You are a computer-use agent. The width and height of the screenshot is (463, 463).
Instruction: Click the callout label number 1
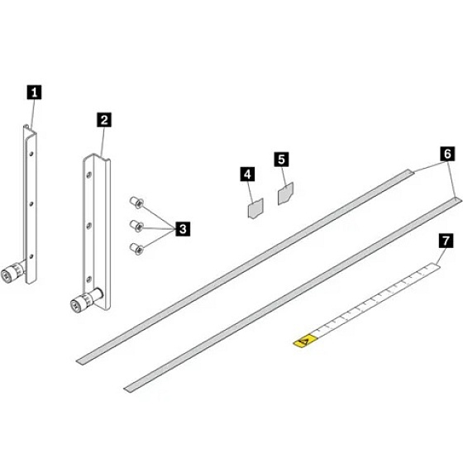tap(34, 93)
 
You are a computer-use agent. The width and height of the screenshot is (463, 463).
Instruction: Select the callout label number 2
tap(104, 120)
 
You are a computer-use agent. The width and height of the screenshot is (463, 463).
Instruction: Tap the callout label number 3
tap(183, 228)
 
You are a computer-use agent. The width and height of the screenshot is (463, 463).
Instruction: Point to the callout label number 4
tap(247, 174)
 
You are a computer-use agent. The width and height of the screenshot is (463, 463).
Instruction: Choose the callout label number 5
tap(281, 160)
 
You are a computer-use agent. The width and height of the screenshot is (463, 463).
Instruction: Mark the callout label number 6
tap(447, 154)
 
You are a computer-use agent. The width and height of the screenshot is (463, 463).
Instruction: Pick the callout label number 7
tap(446, 241)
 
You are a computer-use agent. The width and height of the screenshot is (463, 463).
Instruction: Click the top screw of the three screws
tap(136, 203)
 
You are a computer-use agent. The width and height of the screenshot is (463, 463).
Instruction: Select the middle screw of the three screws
tap(136, 226)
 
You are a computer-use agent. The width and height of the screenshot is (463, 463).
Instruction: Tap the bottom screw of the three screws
tap(136, 249)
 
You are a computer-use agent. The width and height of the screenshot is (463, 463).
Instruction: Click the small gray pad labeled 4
tap(255, 208)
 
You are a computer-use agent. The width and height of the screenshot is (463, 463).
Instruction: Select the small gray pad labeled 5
tap(285, 193)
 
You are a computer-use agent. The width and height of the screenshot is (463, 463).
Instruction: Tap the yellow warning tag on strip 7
tap(305, 341)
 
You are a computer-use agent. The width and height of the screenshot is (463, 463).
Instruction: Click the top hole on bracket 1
tap(31, 154)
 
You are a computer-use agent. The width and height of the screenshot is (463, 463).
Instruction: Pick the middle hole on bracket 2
tap(88, 226)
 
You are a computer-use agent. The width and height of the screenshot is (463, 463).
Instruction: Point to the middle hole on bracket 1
tap(31, 203)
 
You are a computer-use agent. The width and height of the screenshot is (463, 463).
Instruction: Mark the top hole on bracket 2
tap(88, 175)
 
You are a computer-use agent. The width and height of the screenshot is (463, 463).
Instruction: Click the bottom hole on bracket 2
tap(88, 279)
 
